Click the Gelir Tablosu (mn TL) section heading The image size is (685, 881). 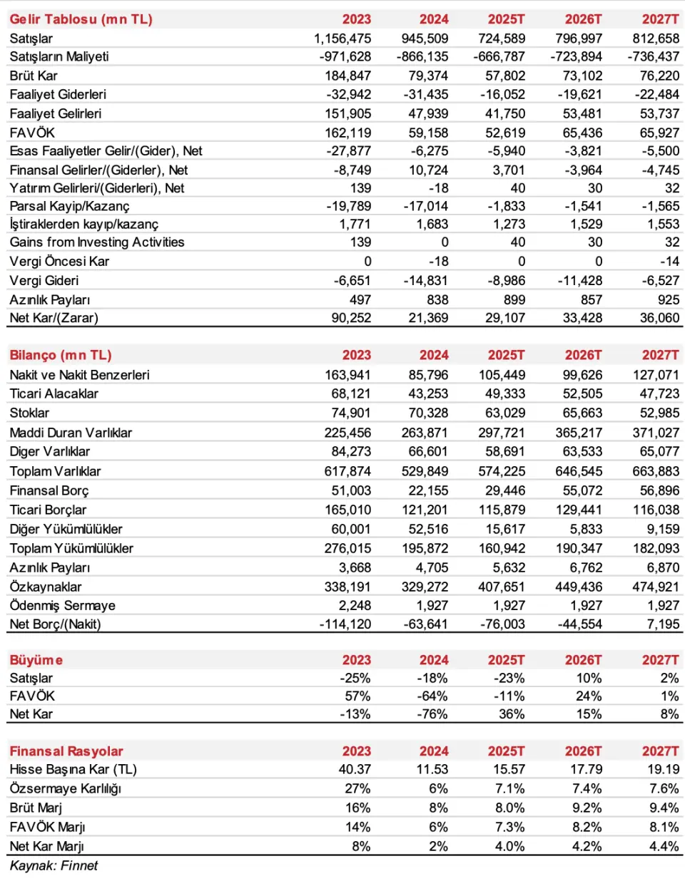pos(81,19)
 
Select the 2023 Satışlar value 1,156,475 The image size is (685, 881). pos(342,38)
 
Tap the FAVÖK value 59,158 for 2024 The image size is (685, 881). pos(428,133)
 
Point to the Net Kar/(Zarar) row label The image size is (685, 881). pos(54,318)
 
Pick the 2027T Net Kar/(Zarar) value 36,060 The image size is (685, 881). pos(659,318)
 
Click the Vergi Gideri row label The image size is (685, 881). pos(44,281)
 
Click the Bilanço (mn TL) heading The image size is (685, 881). pos(61,355)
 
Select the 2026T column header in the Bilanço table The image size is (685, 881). pos(583,355)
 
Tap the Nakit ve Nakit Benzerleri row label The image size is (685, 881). pos(79,375)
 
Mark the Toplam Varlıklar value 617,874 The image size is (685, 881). pos(347,471)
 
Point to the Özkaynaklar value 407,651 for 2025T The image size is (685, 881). pos(502,587)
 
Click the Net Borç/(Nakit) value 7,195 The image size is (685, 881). pos(663,624)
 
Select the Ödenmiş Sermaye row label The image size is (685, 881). pos(62,605)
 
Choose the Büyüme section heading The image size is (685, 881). pos(36,660)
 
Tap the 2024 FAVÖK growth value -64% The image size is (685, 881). pos(432,696)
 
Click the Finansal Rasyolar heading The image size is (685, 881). pos(66,751)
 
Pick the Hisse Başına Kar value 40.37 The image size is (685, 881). pos(355,769)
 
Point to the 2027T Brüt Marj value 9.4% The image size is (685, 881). pos(664,808)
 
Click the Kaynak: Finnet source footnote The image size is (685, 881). pos(54,865)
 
